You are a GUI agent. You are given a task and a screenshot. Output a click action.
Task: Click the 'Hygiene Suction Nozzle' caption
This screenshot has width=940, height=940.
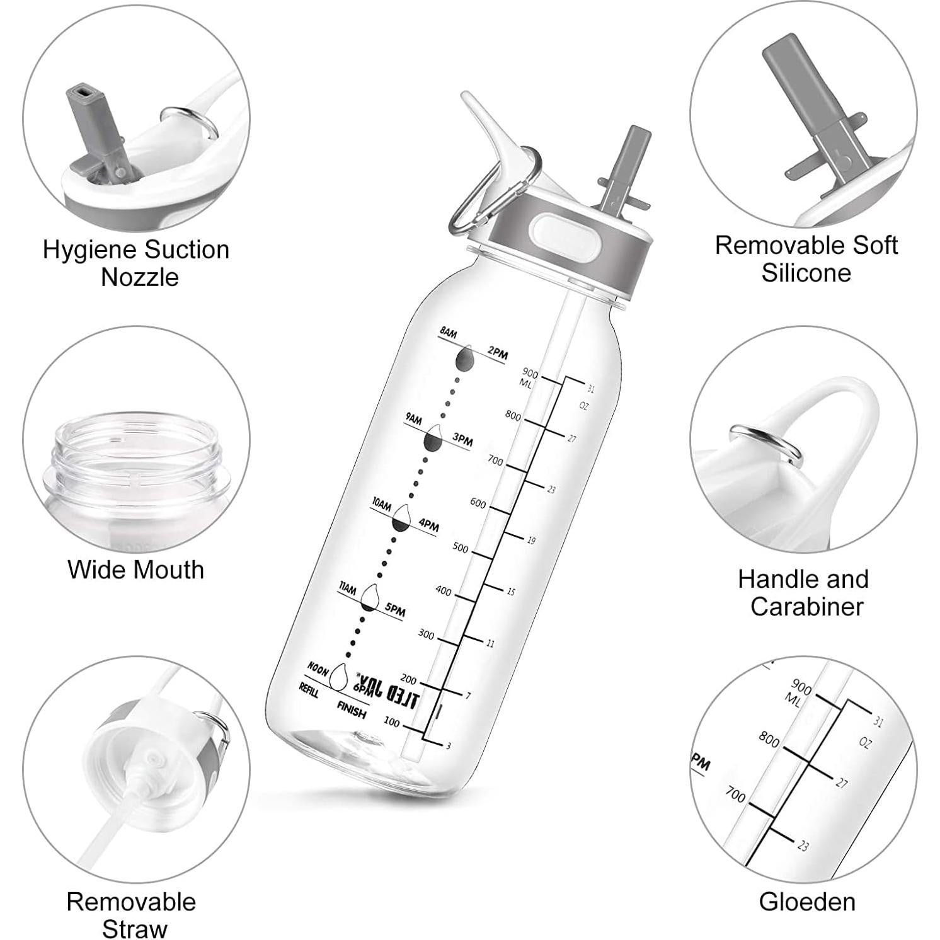[136, 263]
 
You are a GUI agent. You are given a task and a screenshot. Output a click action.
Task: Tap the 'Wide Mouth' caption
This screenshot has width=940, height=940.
[136, 570]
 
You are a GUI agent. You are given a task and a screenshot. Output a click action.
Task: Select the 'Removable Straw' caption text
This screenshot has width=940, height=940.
[132, 915]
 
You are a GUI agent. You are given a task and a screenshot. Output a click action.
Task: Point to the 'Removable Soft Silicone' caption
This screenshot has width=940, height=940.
[806, 259]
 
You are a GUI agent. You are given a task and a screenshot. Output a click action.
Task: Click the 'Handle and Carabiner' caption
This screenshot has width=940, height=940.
[803, 592]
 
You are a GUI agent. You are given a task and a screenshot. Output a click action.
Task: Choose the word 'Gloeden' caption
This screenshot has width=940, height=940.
[807, 902]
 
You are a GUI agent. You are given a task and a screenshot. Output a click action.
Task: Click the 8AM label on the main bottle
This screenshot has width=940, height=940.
[448, 333]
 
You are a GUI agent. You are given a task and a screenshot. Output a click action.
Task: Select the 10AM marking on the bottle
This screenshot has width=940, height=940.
[381, 504]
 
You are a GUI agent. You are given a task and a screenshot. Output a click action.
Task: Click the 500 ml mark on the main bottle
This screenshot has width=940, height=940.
[461, 548]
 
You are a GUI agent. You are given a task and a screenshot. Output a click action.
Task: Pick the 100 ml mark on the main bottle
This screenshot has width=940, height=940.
[391, 722]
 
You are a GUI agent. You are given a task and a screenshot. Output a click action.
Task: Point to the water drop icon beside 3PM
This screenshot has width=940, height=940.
[434, 440]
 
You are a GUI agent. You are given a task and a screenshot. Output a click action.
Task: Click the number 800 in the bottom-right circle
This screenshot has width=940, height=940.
[769, 738]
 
